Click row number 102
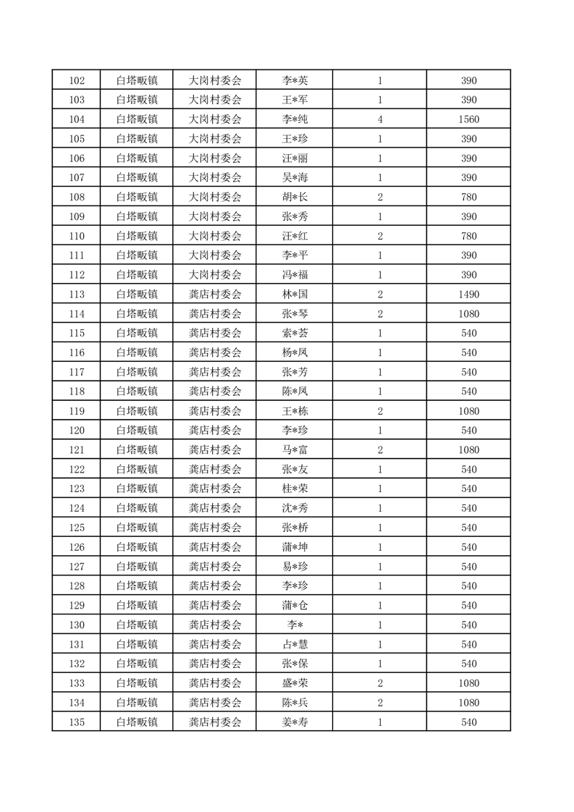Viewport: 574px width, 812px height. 76,80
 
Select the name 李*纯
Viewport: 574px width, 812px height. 295,119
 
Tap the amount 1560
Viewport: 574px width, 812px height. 468,119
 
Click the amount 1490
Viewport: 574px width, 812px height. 468,295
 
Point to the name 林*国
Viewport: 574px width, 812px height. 295,295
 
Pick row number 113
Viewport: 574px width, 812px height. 76,295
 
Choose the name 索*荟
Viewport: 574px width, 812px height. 295,334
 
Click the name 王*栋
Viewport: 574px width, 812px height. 295,411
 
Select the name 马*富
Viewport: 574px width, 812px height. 295,450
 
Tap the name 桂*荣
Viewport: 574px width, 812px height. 295,489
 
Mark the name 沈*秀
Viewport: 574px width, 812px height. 295,508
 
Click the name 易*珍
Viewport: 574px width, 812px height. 295,567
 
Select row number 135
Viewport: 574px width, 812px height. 76,722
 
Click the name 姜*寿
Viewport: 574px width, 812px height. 295,722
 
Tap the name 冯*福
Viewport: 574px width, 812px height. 295,275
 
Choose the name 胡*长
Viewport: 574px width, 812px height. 295,197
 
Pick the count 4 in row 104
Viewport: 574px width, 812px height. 379,119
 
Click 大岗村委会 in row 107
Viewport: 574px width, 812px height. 214,177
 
